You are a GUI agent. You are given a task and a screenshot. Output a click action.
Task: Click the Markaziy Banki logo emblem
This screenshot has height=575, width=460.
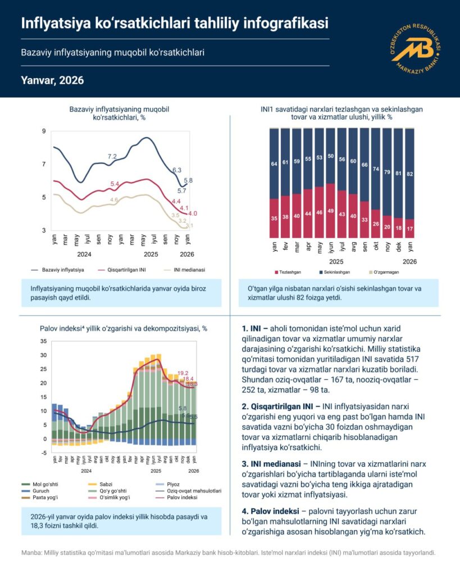point(416,48)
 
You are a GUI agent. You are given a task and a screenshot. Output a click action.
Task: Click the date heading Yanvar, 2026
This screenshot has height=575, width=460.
point(52,80)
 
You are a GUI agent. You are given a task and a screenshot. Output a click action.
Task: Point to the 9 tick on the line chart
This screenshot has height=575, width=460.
point(44,131)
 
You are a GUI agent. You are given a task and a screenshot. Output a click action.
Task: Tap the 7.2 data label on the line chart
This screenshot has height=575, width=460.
point(112,156)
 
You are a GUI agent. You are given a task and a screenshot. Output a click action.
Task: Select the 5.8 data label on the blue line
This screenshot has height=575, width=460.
point(189,180)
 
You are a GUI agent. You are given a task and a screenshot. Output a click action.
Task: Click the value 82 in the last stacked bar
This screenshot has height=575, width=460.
point(410,174)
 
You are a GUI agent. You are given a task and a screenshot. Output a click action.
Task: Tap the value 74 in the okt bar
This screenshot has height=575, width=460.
point(375,169)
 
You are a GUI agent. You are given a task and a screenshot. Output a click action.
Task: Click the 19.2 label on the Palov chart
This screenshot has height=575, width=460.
point(183,373)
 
